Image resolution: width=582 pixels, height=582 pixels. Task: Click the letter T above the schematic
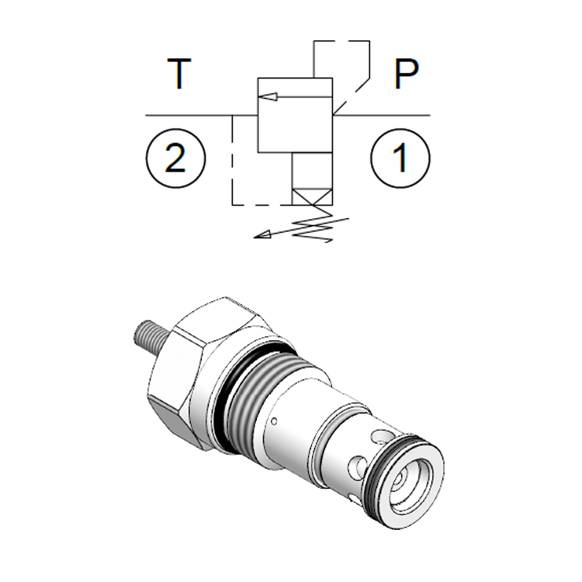(x=179, y=74)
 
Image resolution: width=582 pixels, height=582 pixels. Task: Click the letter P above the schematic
(x=407, y=74)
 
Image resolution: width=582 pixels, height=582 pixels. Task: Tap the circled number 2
(x=175, y=158)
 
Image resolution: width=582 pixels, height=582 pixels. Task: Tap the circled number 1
(x=400, y=158)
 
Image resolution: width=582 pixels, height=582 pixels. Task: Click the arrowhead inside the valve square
(x=268, y=96)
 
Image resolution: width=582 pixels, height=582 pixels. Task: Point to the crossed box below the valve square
(x=312, y=197)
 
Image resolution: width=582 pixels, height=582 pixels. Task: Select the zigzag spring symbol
(x=315, y=223)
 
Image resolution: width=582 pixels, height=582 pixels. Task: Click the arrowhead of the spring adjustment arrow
(x=262, y=234)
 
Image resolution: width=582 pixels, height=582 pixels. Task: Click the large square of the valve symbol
(x=295, y=115)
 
